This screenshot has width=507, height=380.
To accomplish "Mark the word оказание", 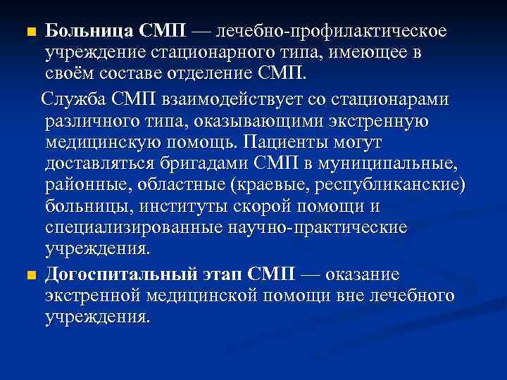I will pos(358,274).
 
